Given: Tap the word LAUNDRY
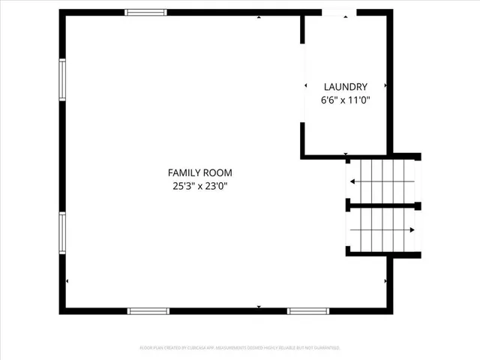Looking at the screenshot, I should point(345,87).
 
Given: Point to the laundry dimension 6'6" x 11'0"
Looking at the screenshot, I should point(345,100).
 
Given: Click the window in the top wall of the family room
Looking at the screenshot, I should point(145,12).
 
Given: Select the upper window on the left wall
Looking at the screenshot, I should point(63,79).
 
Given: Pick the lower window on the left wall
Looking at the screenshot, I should point(63,232).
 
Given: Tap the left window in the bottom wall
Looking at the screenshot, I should point(148,310).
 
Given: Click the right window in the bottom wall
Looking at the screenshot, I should point(308,310).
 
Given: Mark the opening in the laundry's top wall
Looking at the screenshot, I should point(340,12).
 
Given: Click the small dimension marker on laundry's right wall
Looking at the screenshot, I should point(386,86).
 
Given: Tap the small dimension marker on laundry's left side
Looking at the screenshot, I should point(305,86).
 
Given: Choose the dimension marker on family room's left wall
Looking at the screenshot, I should point(67,281).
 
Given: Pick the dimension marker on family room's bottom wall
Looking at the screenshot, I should point(259,307).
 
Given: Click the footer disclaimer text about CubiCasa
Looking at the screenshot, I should point(239,348).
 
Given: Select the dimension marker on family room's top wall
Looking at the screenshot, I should point(259,16).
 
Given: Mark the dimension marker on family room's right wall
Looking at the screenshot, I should point(385,281).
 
